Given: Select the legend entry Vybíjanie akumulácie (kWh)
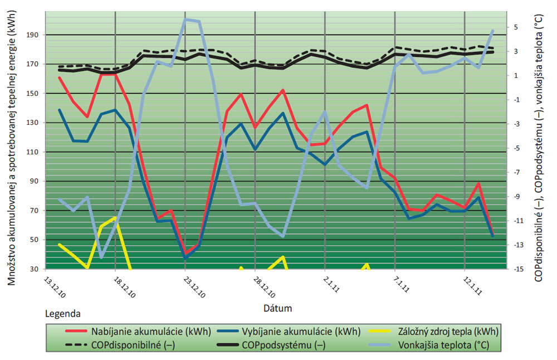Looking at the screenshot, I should [301, 332].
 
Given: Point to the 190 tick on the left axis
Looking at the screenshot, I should [36, 35].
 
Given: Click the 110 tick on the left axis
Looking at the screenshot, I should [36, 152].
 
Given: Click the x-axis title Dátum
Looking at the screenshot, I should [278, 308].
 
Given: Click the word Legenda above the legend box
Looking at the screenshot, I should [62, 314].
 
